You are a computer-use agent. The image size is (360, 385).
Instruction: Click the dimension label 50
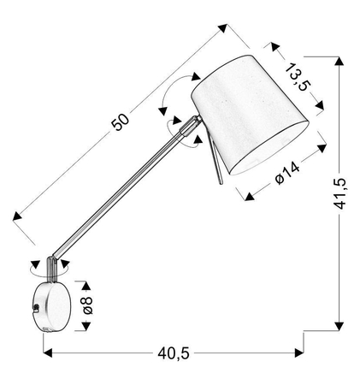120,121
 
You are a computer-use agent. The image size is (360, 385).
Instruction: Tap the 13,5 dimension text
298,77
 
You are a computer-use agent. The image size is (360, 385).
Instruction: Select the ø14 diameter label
287,173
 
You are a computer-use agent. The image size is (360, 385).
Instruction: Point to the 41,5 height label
340,193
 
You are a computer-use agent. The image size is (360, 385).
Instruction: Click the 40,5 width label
174,353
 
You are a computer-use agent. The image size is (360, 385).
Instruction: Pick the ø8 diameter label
88,305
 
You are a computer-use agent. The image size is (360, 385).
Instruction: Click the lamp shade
250,115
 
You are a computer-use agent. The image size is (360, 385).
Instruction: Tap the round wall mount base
52,307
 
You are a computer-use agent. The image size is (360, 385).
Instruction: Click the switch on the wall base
36,307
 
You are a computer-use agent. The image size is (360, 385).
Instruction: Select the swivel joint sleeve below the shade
190,126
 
